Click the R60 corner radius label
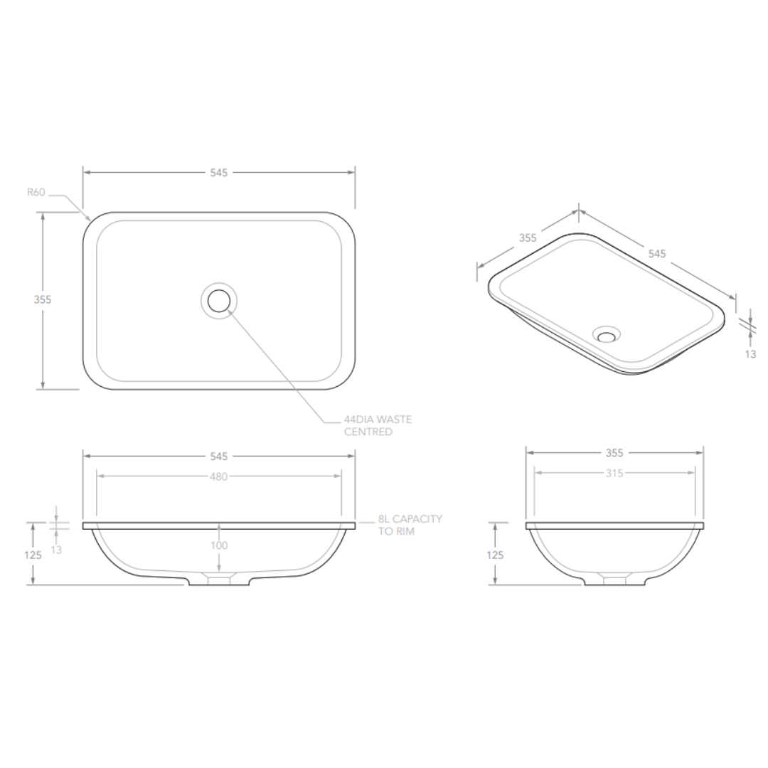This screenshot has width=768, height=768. (36, 192)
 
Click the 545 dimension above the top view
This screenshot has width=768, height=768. (219, 172)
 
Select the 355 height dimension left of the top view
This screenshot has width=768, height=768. (43, 299)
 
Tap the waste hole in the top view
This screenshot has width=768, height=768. (219, 301)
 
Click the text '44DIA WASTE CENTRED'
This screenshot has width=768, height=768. (378, 426)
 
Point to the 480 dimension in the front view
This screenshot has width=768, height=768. (219, 476)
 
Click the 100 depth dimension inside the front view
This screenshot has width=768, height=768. (219, 545)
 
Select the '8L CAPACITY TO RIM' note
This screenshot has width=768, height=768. (410, 525)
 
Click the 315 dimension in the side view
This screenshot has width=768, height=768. (614, 473)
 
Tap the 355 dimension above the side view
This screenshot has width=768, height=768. (614, 453)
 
